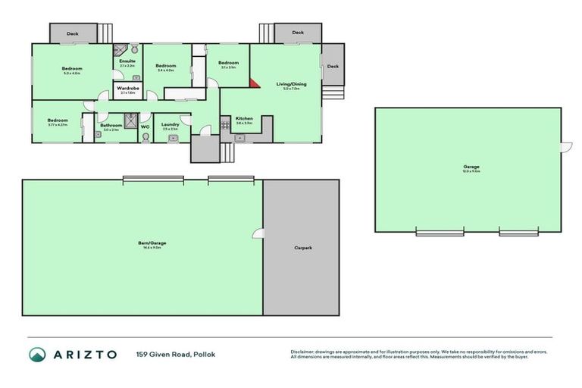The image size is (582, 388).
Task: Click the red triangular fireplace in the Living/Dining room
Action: click(255, 82)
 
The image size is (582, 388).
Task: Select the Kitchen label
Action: click(243, 119)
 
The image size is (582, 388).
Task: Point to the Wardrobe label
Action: click(127, 89)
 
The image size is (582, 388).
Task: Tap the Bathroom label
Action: click(111, 125)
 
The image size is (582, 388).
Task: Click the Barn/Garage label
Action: click(152, 242)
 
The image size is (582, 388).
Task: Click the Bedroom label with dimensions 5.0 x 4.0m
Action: click(72, 69)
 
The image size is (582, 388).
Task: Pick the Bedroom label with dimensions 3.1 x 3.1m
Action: click(228, 63)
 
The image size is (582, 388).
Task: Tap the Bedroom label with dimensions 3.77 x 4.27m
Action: click(58, 120)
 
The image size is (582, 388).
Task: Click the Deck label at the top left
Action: click(73, 33)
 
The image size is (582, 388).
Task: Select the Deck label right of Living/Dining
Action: click(332, 66)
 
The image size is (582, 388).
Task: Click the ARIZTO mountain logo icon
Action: click(38, 355)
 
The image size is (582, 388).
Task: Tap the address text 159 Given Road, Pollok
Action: click(175, 354)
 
